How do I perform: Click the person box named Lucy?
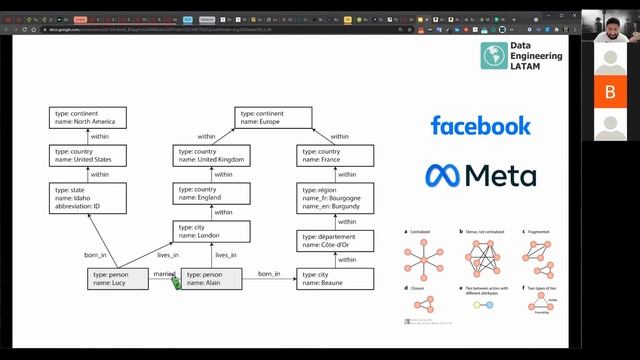click(119, 279)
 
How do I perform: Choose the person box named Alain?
click(210, 279)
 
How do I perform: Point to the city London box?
click(211, 232)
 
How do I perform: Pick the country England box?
click(211, 194)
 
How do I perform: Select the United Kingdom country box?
click(211, 155)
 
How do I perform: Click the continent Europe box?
click(277, 118)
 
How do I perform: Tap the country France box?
click(336, 155)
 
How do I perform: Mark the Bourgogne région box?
click(336, 198)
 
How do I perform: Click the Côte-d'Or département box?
click(336, 240)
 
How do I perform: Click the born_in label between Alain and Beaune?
click(269, 274)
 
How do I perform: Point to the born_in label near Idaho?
click(96, 255)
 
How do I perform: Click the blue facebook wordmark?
click(480, 125)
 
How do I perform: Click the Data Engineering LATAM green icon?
click(492, 56)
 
